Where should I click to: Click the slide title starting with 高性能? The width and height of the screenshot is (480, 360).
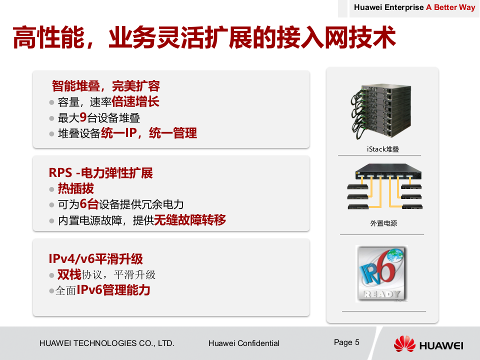point(204,38)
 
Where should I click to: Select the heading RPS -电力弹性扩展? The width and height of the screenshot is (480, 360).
point(100,173)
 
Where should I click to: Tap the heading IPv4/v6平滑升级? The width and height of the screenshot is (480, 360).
point(95,259)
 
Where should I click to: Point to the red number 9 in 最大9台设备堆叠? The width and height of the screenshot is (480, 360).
point(83,118)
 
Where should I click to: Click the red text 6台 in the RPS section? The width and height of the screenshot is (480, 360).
point(89,204)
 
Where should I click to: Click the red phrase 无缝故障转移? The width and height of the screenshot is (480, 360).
point(189,220)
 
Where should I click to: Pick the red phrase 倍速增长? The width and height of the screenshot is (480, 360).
point(135,102)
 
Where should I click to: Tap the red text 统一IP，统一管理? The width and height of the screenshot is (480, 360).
point(149,133)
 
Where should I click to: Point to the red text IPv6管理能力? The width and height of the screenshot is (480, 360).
point(113,290)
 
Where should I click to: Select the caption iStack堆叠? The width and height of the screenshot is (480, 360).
point(383,149)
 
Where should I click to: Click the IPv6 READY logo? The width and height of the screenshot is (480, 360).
point(381,273)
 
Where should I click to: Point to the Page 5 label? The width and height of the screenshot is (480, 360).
point(346,342)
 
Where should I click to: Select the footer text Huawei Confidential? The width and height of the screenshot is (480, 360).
point(243,343)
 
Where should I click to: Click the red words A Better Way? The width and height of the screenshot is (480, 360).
point(450,7)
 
